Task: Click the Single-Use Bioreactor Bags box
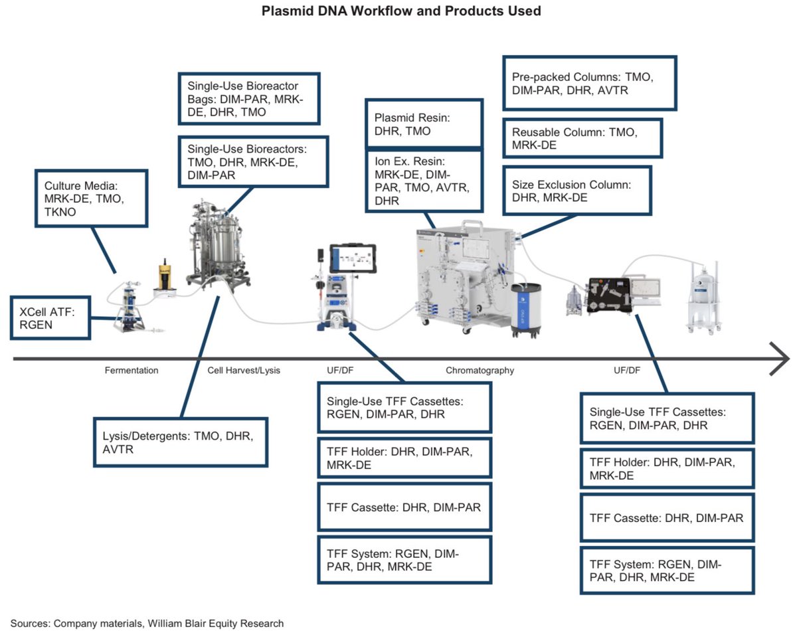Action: point(248,98)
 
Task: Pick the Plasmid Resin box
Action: point(422,124)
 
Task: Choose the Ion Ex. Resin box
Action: point(422,179)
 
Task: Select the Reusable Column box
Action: point(582,138)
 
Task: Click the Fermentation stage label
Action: point(132,371)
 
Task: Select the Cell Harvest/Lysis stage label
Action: point(244,371)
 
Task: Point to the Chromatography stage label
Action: point(480,371)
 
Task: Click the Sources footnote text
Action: point(147,623)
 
